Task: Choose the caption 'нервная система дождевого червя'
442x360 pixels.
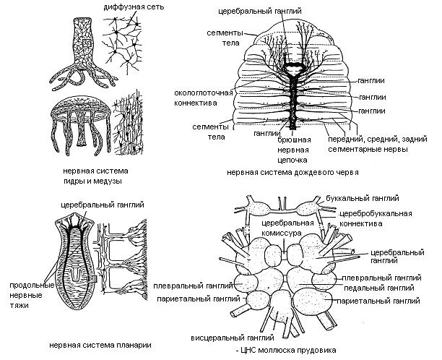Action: click(x=292, y=173)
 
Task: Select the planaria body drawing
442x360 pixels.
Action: click(x=71, y=264)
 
